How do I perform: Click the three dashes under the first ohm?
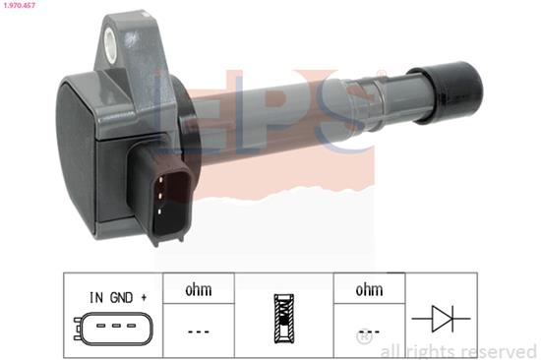(x=198, y=331)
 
